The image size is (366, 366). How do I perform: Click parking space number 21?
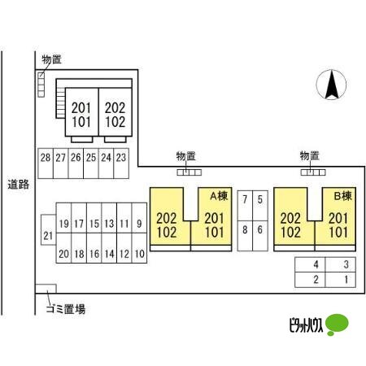coord(48,230)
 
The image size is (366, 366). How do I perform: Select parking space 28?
coord(46,163)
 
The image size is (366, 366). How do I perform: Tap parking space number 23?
coord(121,163)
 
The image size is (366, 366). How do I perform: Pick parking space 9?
coord(139,218)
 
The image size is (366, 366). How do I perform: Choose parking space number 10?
coord(139,248)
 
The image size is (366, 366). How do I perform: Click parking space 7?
coord(245,206)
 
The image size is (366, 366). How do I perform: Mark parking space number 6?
coord(260,236)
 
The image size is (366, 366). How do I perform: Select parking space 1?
coord(340,280)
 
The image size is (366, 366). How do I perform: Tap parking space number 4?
coord(310,264)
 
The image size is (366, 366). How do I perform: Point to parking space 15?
coord(94,218)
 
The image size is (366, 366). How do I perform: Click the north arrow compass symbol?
coord(331,85)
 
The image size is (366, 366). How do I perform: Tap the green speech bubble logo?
coord(337,325)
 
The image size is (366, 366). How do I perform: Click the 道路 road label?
coord(19,185)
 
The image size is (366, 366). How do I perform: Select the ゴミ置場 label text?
coord(66,309)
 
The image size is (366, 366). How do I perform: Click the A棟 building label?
coord(219,196)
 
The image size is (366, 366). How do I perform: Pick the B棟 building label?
coord(343,196)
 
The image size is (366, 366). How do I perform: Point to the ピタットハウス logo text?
coord(307,325)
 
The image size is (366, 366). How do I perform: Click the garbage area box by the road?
coord(46,289)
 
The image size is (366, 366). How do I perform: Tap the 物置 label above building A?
coord(185,156)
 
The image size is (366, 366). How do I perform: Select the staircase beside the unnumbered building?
coord(60,102)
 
